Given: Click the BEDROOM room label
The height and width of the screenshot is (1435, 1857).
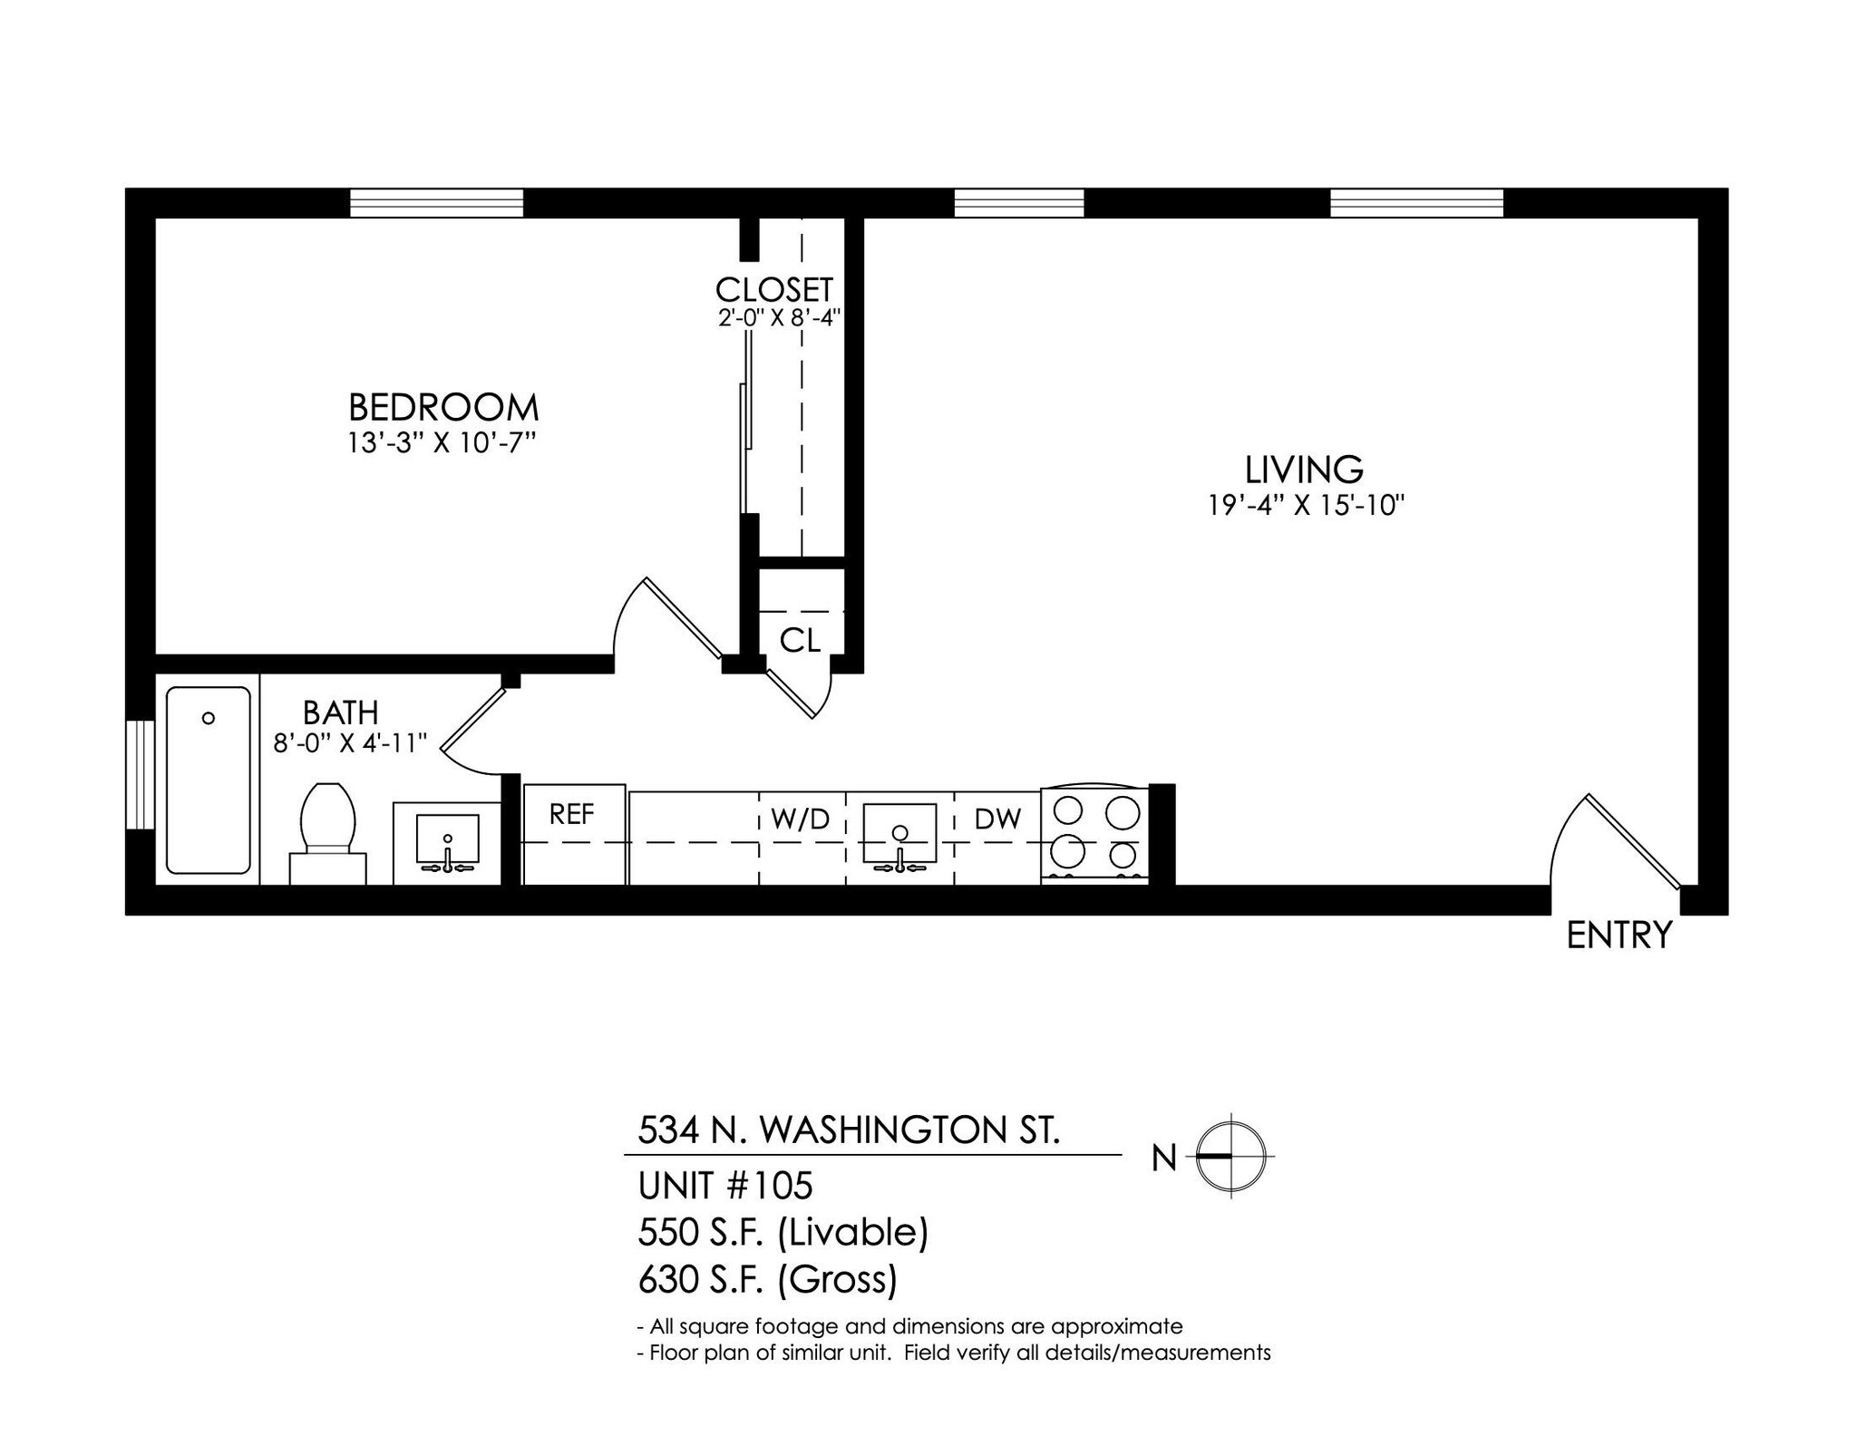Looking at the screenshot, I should [443, 408].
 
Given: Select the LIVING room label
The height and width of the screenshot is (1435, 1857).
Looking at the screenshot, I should [1304, 470].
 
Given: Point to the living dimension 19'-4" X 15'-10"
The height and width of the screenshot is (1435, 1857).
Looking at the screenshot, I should [1306, 505].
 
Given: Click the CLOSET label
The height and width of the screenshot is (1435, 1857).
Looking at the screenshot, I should [773, 290].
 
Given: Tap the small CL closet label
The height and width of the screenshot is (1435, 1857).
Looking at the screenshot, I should [800, 641].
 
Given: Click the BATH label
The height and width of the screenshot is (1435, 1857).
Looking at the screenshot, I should [340, 713].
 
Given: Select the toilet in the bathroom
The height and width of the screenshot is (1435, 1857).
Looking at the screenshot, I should [327, 829].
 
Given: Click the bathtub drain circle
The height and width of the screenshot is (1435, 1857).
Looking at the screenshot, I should [209, 718].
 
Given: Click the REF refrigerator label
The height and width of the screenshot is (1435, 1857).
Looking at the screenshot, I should [572, 815].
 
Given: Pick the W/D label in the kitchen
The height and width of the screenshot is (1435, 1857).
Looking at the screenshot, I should [800, 819].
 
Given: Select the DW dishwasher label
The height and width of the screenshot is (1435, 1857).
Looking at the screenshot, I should [997, 819].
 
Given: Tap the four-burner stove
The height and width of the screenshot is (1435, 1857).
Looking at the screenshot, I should [1095, 833].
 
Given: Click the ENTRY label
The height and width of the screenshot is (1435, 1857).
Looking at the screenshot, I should [1619, 936].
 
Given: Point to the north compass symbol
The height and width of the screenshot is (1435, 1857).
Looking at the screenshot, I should [1230, 1157].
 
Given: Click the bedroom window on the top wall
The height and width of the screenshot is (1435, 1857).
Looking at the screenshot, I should [437, 202].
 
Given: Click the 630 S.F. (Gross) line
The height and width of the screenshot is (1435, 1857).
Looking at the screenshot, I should [767, 1279].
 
